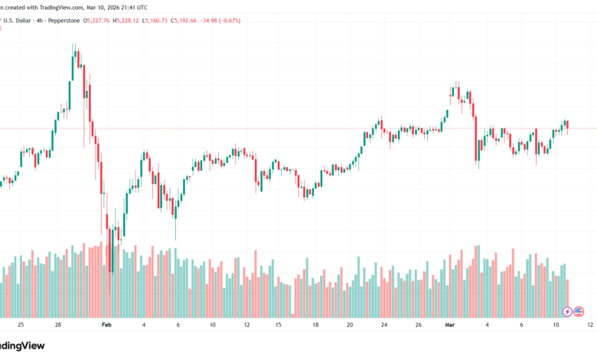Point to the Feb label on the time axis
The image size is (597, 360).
click(108, 325)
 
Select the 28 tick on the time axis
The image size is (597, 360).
click(57, 325)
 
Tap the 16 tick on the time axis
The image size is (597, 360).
click(281, 325)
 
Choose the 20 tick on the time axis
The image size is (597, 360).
click(350, 325)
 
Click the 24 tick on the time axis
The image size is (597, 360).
click(384, 325)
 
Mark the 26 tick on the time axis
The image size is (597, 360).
click(419, 325)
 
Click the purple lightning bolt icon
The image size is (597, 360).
click(567, 311)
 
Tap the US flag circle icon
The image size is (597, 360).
click(579, 311)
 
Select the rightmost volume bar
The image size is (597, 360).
click(568, 299)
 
